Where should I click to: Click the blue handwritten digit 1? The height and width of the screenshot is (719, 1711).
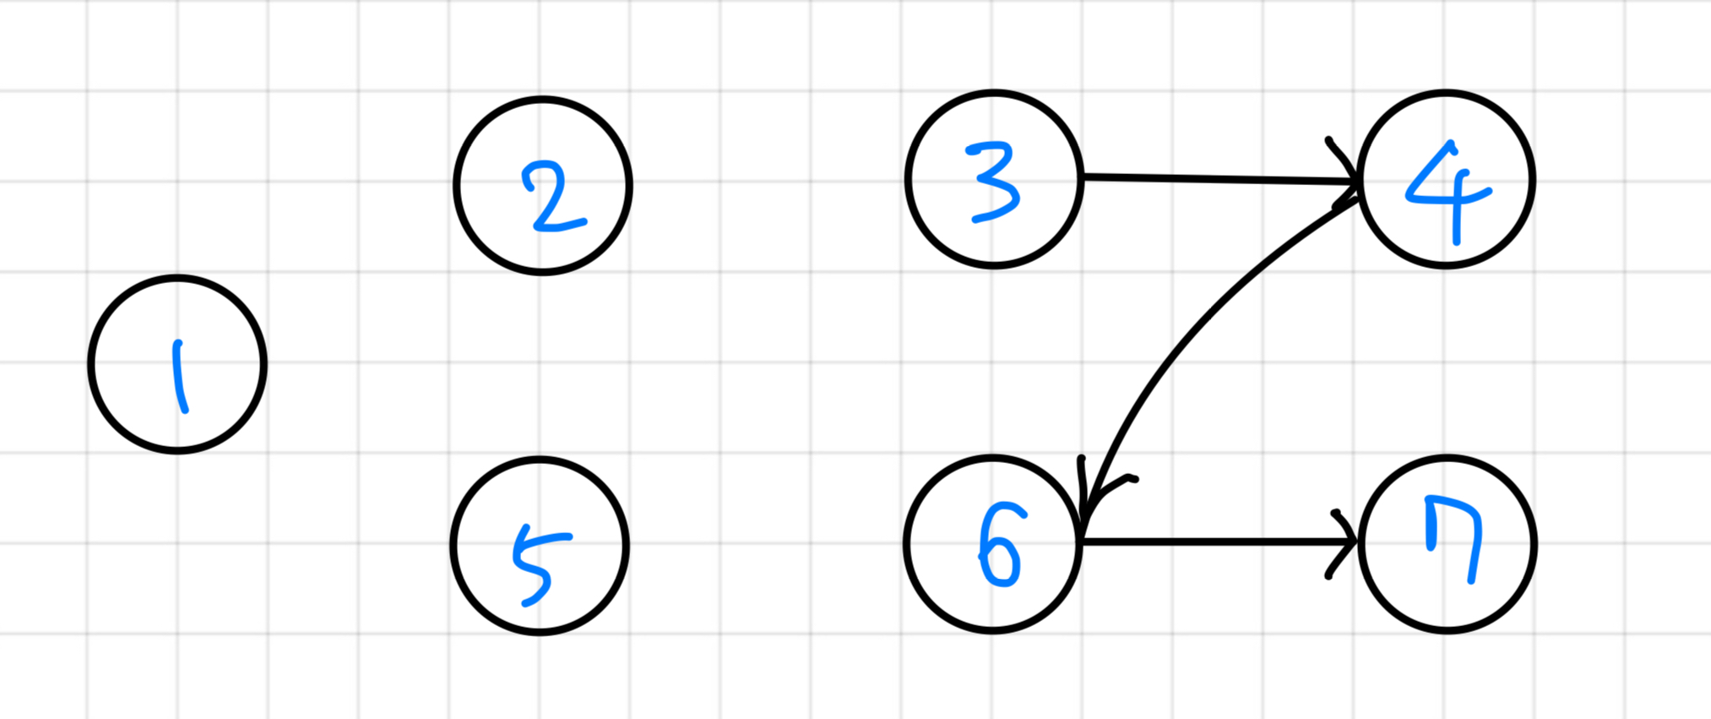(179, 376)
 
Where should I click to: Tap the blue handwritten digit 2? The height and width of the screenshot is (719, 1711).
(552, 199)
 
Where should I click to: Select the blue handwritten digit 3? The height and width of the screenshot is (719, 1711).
(994, 182)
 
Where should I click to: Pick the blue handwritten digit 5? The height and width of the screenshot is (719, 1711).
(539, 564)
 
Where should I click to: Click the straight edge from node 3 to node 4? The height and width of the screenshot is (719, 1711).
(1216, 178)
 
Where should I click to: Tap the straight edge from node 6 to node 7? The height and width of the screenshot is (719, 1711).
(1216, 542)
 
